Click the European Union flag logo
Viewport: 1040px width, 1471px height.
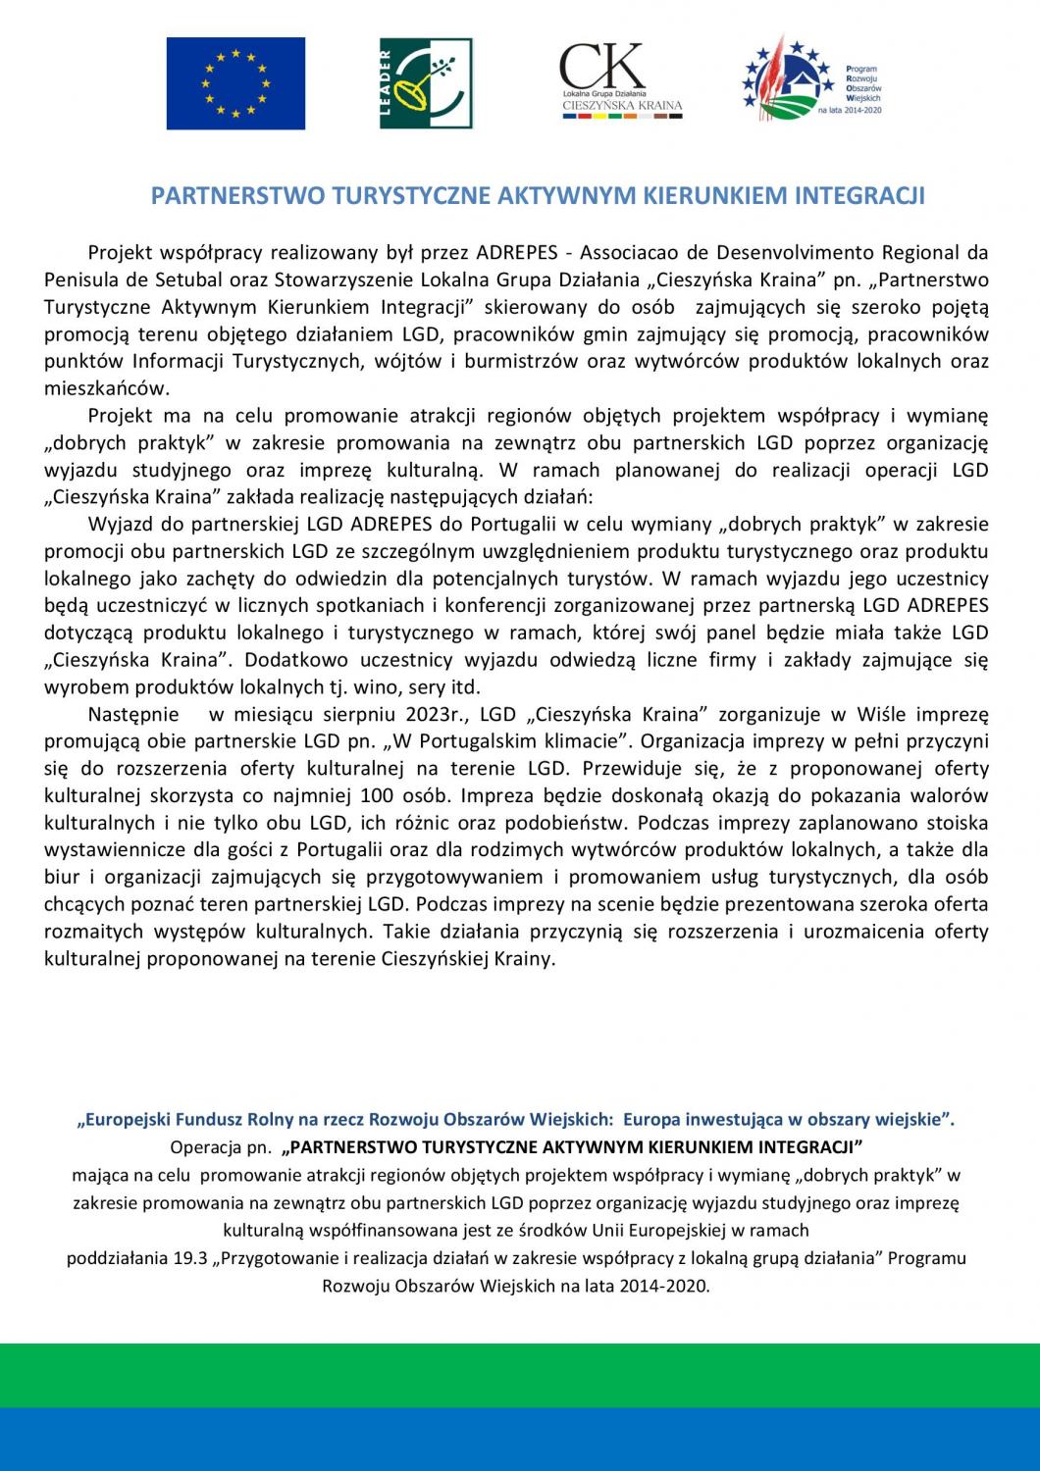(235, 83)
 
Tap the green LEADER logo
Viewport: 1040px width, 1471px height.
(426, 83)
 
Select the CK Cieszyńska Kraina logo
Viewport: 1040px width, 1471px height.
(621, 81)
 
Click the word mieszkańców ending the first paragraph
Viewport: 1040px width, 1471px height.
(106, 388)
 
